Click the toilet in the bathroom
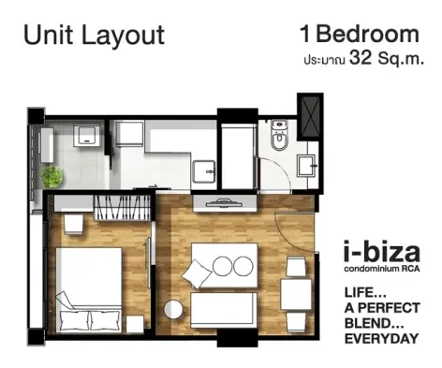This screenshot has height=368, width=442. pyautogui.click(x=279, y=136)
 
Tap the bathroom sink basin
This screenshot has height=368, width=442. pyautogui.click(x=306, y=166)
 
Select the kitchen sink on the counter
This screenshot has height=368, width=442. pyautogui.click(x=204, y=171)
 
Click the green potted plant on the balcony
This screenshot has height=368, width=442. pyautogui.click(x=52, y=177)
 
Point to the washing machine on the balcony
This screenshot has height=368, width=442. pyautogui.click(x=87, y=136)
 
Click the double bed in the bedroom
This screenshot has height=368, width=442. pyautogui.click(x=89, y=290)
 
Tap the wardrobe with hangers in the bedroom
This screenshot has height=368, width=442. pyautogui.click(x=123, y=208)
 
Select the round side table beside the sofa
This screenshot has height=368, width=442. pyautogui.click(x=173, y=309)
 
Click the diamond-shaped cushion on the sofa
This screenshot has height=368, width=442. pyautogui.click(x=197, y=273)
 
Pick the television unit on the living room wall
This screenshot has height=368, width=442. pyautogui.click(x=225, y=203)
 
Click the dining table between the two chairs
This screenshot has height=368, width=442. pyautogui.click(x=296, y=294)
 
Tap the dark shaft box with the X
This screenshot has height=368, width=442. pyautogui.click(x=310, y=117)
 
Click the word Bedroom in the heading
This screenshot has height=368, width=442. pyautogui.click(x=367, y=34)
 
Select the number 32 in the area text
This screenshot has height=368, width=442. pyautogui.click(x=361, y=58)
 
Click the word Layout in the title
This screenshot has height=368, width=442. pyautogui.click(x=123, y=35)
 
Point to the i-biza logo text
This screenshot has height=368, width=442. pyautogui.click(x=382, y=252)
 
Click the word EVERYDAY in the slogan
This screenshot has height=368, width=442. pyautogui.click(x=381, y=339)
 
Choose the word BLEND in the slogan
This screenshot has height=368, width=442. pyautogui.click(x=369, y=323)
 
